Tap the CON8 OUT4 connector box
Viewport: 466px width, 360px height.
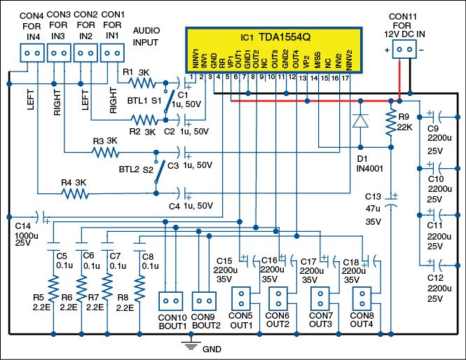click(362, 296)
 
